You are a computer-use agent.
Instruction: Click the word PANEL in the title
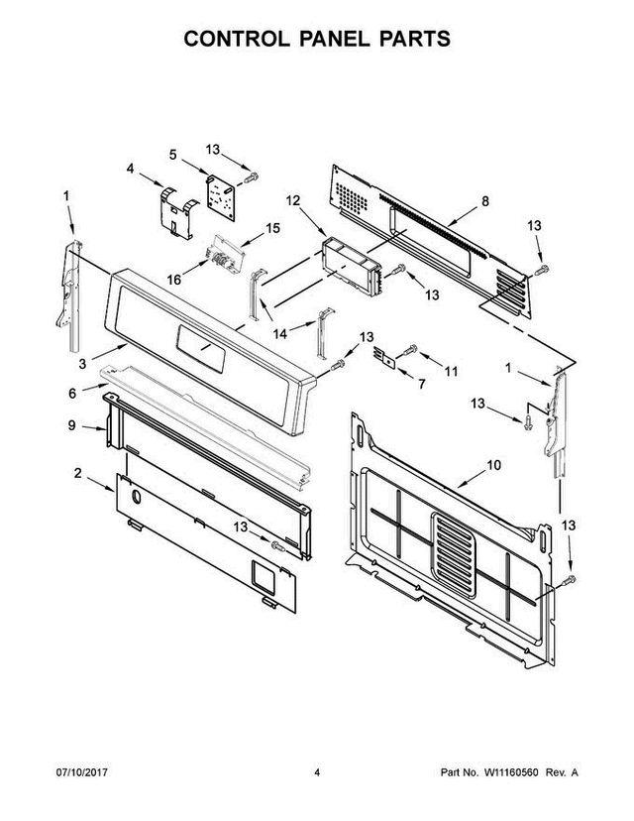[x=316, y=39]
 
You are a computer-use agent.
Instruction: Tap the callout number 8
[x=484, y=201]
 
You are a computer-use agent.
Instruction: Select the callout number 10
[x=495, y=464]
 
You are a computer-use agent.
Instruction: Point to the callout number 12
[x=292, y=201]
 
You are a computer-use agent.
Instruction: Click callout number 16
[x=173, y=281]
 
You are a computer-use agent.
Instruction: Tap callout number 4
[x=130, y=169]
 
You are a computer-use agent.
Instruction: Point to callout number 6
[x=72, y=393]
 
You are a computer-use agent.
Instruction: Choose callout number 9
[x=72, y=427]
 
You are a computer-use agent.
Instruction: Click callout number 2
[x=77, y=473]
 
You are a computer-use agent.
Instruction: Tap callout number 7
[x=421, y=383]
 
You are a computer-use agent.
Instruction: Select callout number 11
[x=451, y=371]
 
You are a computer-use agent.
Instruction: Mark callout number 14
[x=280, y=334]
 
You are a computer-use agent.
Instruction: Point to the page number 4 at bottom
[x=316, y=800]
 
